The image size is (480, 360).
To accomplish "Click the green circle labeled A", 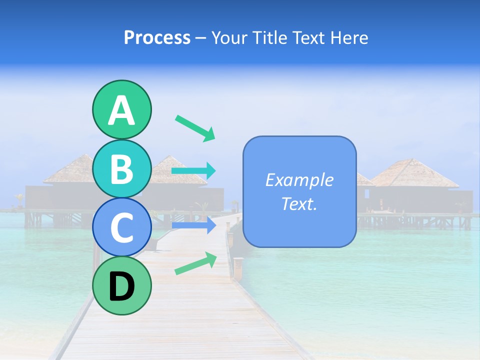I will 121,110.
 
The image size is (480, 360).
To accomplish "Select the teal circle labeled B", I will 121,169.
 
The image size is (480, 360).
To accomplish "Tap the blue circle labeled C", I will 121,228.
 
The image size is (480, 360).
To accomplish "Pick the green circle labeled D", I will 121,286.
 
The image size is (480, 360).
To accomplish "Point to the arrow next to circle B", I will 193,171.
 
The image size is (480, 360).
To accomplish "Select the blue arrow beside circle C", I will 193,225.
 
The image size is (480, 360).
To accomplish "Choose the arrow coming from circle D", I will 195,263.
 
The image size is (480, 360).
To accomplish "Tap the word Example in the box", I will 299,180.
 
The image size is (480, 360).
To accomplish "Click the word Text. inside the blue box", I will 299,203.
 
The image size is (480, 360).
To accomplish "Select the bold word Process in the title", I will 157,37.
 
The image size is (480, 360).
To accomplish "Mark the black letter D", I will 121,287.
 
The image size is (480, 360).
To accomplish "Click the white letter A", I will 121,110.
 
